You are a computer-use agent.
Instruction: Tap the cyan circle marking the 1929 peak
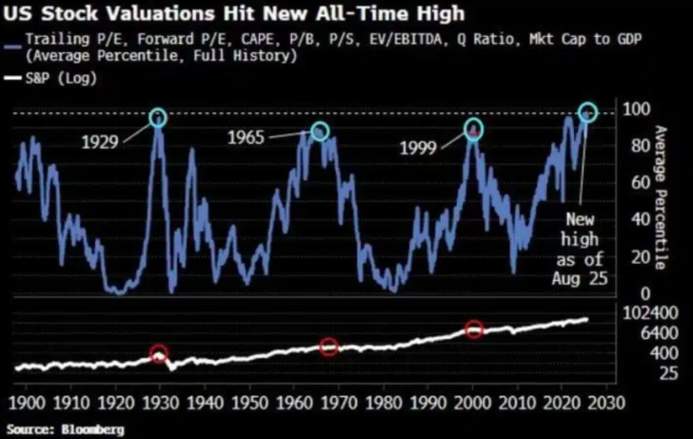(158, 117)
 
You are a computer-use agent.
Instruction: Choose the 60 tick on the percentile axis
(628, 182)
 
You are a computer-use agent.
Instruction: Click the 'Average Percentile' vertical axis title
(662, 200)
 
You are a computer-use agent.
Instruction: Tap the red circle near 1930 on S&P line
(159, 354)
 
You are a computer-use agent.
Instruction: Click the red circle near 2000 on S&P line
(474, 329)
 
